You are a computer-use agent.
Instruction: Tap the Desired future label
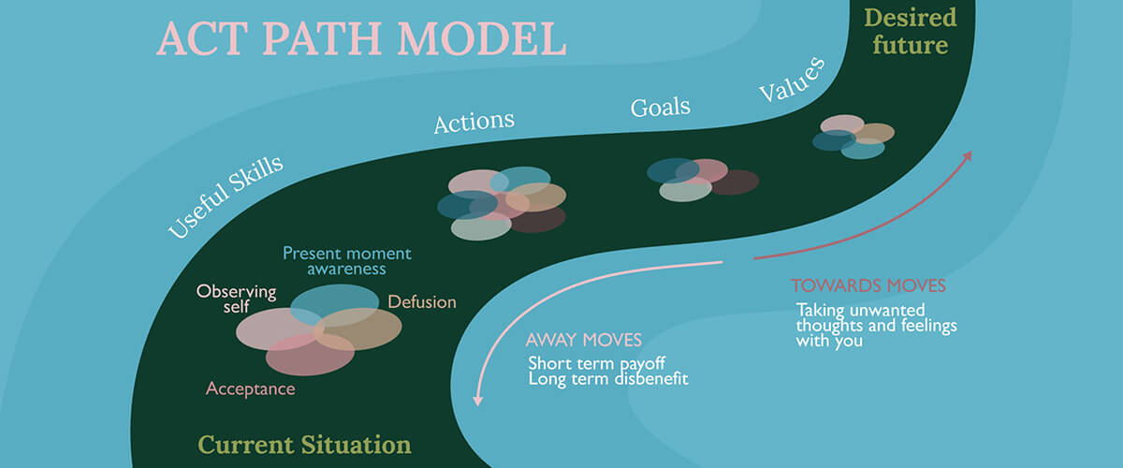click(910, 31)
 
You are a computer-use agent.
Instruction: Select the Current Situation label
click(304, 444)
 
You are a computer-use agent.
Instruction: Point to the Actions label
click(474, 122)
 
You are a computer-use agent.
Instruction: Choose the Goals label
click(661, 106)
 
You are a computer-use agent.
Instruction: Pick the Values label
click(791, 79)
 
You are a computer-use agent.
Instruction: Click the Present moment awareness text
click(346, 261)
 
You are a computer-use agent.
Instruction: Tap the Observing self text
click(236, 299)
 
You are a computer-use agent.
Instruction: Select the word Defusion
click(422, 302)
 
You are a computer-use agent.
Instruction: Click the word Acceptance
click(250, 388)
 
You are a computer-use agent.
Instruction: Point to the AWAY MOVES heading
click(583, 340)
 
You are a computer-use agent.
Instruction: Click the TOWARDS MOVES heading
click(868, 285)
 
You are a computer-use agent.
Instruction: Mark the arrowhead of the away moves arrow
click(478, 400)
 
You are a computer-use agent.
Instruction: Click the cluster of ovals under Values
click(853, 137)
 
